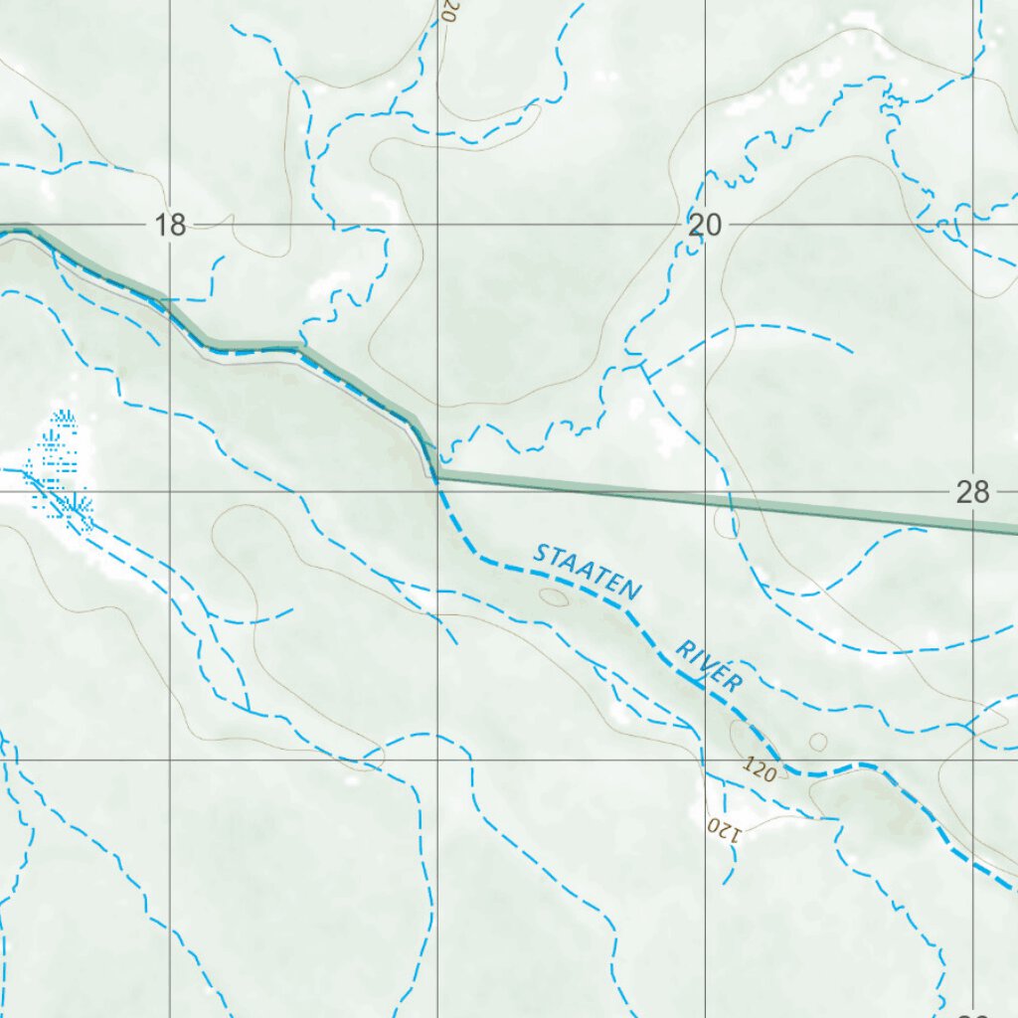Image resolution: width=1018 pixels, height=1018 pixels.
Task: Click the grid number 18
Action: point(171,226)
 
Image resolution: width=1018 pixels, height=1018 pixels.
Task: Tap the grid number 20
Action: point(704,226)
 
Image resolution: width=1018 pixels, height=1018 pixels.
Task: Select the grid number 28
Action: point(971,491)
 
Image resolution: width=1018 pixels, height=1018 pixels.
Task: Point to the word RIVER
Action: point(709,666)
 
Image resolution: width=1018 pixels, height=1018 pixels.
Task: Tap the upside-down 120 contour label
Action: point(724,826)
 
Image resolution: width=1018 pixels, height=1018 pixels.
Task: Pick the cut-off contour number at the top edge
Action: point(448,11)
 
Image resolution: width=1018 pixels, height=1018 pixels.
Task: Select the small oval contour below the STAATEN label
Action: point(553,596)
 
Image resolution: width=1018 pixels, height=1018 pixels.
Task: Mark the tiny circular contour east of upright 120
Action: point(818,742)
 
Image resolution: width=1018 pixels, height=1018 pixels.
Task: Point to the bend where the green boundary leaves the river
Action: point(434,475)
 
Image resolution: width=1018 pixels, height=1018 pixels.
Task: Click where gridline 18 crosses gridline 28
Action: point(171,491)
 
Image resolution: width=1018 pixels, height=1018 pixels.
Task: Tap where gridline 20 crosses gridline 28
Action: point(705,491)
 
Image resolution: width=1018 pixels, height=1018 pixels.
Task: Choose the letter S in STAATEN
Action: point(541,553)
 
